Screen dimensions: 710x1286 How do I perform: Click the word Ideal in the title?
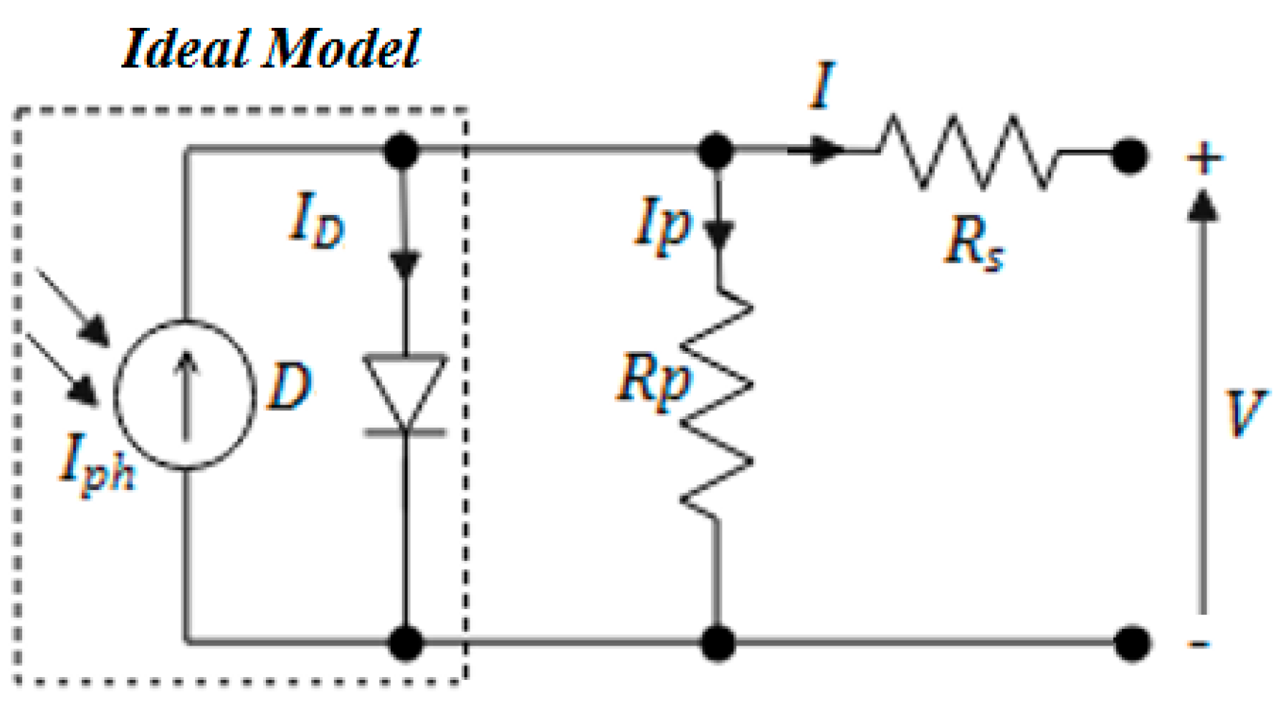click(x=187, y=49)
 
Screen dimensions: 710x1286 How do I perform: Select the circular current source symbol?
click(x=185, y=395)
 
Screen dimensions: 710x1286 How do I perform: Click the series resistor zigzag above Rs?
click(x=968, y=152)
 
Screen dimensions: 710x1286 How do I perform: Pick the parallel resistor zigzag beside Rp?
click(x=717, y=405)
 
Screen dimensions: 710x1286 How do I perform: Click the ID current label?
click(x=316, y=222)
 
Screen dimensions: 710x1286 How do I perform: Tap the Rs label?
click(x=973, y=244)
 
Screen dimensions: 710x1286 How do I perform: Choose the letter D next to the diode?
click(x=289, y=387)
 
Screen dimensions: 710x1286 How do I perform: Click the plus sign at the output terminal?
click(x=1204, y=158)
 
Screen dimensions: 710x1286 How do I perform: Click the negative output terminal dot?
click(x=1132, y=643)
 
